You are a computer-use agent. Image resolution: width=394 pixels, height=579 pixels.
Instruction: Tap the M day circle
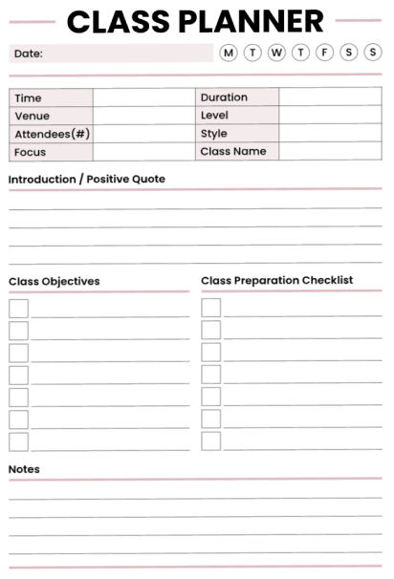(x=229, y=53)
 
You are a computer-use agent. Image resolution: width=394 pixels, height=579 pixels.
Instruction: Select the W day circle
(x=276, y=53)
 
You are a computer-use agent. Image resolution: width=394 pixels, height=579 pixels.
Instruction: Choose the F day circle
(x=324, y=53)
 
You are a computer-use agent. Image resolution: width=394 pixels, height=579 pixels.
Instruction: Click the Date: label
(x=28, y=54)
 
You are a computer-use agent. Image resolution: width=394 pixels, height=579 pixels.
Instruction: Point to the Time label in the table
(x=29, y=98)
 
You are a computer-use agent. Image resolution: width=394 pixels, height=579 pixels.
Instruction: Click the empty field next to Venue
(x=144, y=116)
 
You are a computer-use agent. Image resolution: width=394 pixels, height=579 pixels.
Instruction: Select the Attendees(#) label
(x=53, y=134)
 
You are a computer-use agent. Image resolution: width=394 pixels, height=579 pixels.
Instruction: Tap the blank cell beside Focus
(x=144, y=152)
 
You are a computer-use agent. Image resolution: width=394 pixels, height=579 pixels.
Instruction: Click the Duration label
(x=224, y=97)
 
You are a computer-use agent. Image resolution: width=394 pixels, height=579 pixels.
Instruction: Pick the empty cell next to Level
(x=330, y=116)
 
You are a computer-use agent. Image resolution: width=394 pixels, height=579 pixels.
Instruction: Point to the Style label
(x=214, y=134)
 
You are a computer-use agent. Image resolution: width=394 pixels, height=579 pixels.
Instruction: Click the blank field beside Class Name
(x=330, y=151)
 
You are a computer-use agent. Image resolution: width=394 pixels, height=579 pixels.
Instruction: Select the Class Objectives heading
(x=55, y=282)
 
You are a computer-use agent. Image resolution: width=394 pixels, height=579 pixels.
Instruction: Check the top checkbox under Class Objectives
(x=18, y=308)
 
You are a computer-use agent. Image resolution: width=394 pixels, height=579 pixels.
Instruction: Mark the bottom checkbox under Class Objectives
(x=18, y=441)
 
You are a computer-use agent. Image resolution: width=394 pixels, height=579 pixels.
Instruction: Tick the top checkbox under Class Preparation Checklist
(x=211, y=308)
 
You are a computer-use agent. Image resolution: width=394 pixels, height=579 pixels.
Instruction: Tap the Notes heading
(x=24, y=469)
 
